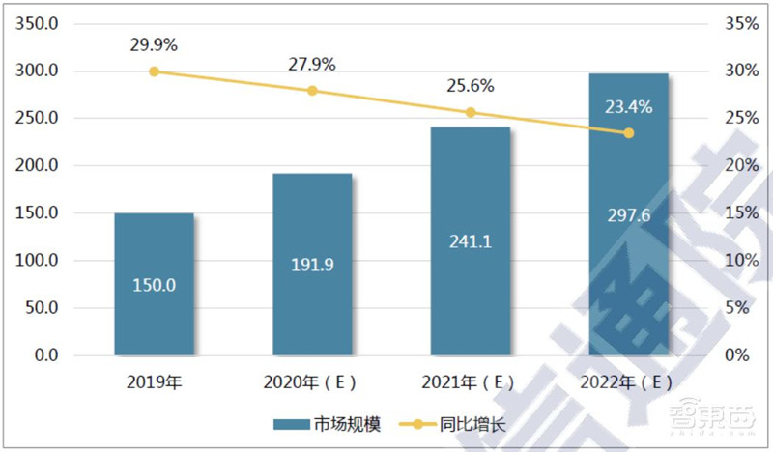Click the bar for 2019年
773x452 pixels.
(x=154, y=284)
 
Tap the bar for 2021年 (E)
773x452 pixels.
(x=471, y=240)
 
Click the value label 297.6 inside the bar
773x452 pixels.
(x=629, y=214)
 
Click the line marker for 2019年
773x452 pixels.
(x=154, y=71)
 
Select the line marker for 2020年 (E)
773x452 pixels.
(x=312, y=91)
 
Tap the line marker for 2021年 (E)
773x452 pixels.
(x=471, y=112)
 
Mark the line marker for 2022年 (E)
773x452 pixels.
(x=629, y=132)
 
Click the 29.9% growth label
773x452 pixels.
(x=154, y=44)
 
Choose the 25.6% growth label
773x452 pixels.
(x=471, y=86)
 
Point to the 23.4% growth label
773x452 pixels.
(x=629, y=107)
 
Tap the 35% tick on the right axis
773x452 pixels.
(x=740, y=24)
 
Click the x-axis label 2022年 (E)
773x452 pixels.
(x=629, y=380)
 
